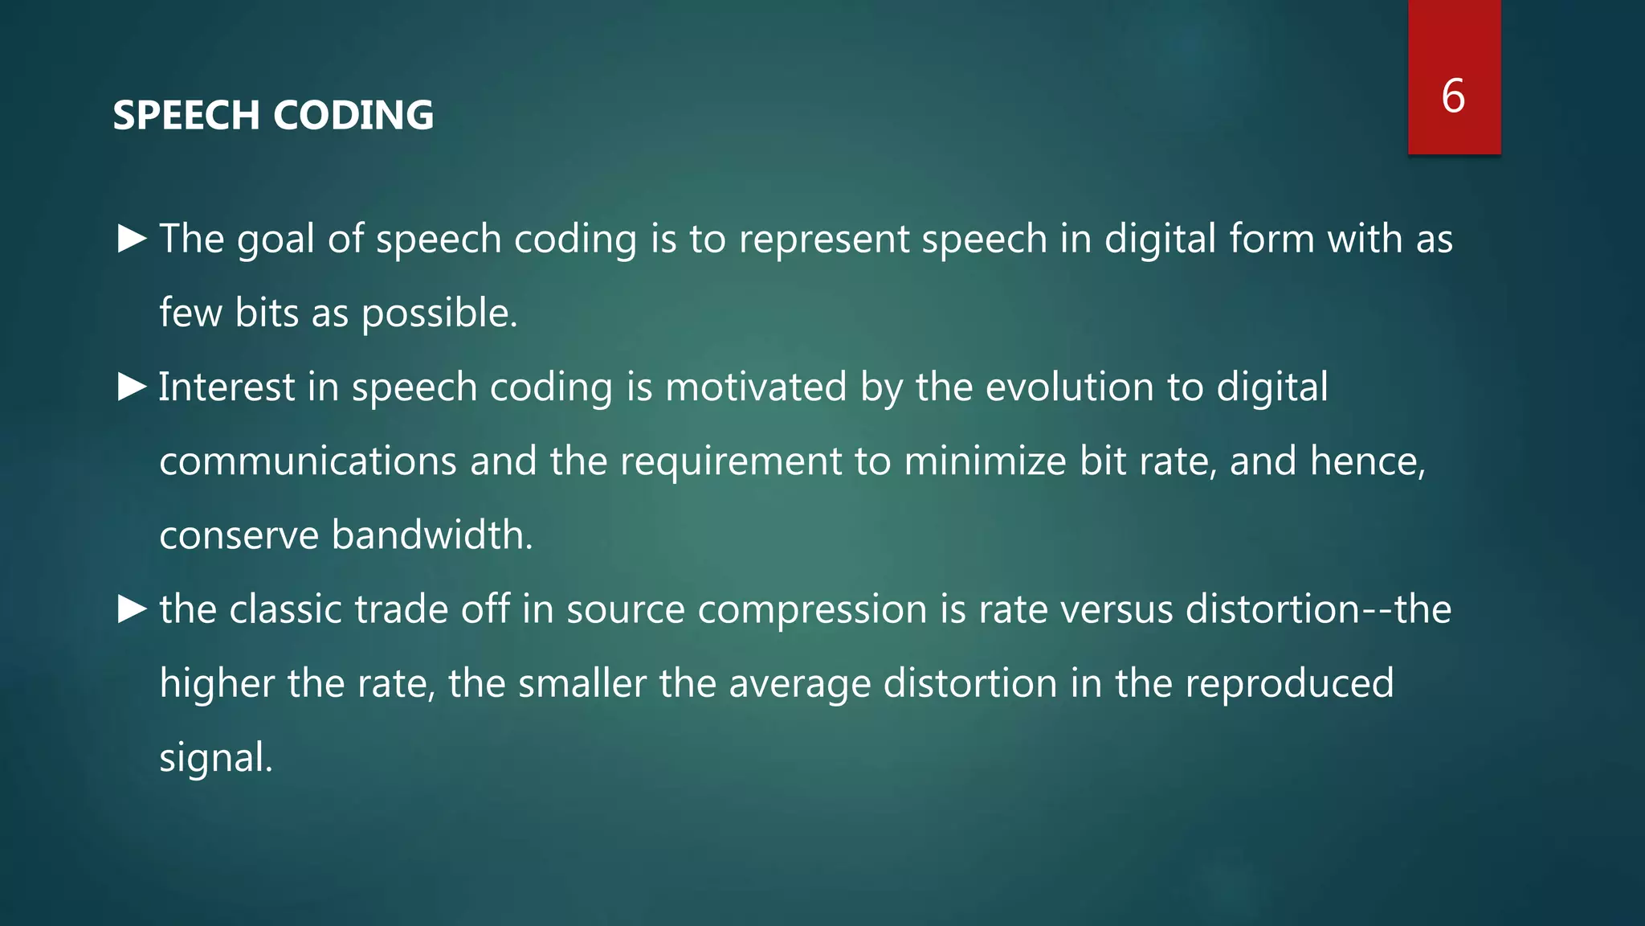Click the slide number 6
click(x=1453, y=96)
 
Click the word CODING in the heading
click(x=353, y=115)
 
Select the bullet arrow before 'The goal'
click(x=132, y=238)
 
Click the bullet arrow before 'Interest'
click(x=132, y=387)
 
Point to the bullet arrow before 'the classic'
click(x=132, y=608)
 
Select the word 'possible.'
click(x=439, y=313)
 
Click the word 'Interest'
click(x=227, y=387)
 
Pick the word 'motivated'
click(x=755, y=387)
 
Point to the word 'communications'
click(x=308, y=461)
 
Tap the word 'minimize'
click(x=984, y=461)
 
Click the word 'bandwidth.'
click(x=432, y=535)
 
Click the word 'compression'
click(x=812, y=609)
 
